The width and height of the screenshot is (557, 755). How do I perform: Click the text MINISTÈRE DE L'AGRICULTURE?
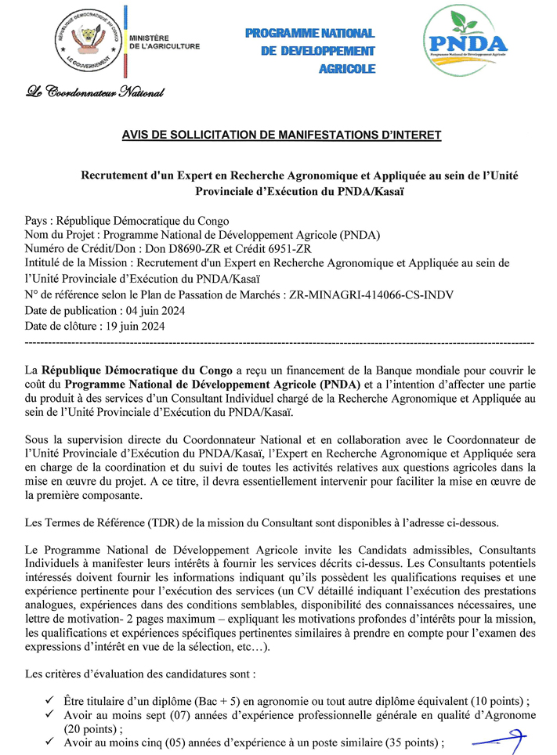point(164,42)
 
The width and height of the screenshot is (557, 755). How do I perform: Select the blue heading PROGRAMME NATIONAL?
point(309,33)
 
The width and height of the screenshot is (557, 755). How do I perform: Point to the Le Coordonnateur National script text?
point(95,92)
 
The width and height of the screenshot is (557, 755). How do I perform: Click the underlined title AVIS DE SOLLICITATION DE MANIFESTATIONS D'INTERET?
point(281,135)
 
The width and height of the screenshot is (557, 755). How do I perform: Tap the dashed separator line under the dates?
point(280,342)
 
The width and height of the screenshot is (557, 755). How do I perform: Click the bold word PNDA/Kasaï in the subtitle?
point(372,190)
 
